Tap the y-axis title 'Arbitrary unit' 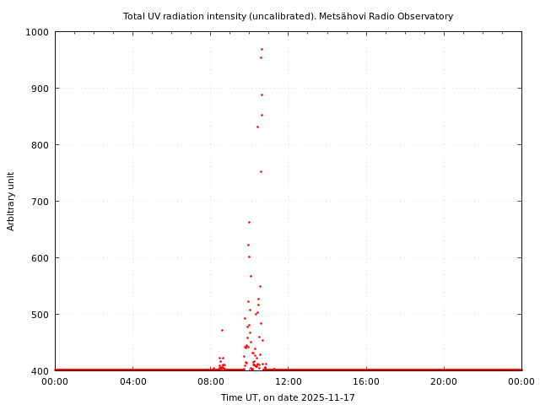[11, 201]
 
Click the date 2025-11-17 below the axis [327, 397]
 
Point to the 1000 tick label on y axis [37, 32]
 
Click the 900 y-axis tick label [40, 89]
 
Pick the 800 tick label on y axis [40, 145]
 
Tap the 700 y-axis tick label [40, 202]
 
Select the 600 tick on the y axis [40, 258]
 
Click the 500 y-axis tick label [40, 315]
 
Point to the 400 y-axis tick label [40, 371]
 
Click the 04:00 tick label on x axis [132, 381]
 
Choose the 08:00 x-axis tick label [210, 381]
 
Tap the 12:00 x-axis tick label [288, 381]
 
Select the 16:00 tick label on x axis [366, 381]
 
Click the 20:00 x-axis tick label [444, 381]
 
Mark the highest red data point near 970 [262, 49]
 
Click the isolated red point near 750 [261, 171]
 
